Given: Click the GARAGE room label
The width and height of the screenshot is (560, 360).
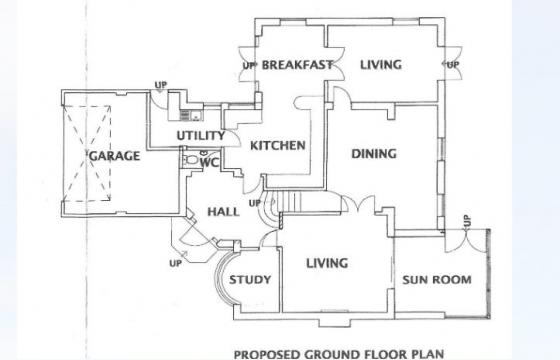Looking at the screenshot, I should pos(114,157).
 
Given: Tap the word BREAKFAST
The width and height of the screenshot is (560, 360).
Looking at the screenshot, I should pos(296,65).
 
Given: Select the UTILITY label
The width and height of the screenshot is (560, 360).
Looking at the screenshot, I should pos(200,135).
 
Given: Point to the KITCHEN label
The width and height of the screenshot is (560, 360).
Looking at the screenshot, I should pos(277,146).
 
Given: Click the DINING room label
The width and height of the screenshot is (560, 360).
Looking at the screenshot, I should pos(374,154).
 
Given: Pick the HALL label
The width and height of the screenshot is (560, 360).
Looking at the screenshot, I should pos(223,212).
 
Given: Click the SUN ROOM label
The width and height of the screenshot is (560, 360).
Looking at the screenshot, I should pos(436,280).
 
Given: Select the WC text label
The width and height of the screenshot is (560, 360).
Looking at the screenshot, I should pos(209,161).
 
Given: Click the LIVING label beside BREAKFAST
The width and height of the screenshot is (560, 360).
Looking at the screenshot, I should pos(380,65).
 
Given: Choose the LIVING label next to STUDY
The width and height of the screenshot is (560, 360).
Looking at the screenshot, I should pos(326,264).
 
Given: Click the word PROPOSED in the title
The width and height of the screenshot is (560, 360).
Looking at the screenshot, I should pos(267,353).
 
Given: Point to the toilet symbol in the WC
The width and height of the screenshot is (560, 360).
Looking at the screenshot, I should pos(191,160).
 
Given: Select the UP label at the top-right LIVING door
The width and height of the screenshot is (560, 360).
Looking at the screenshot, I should pos(452,65).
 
